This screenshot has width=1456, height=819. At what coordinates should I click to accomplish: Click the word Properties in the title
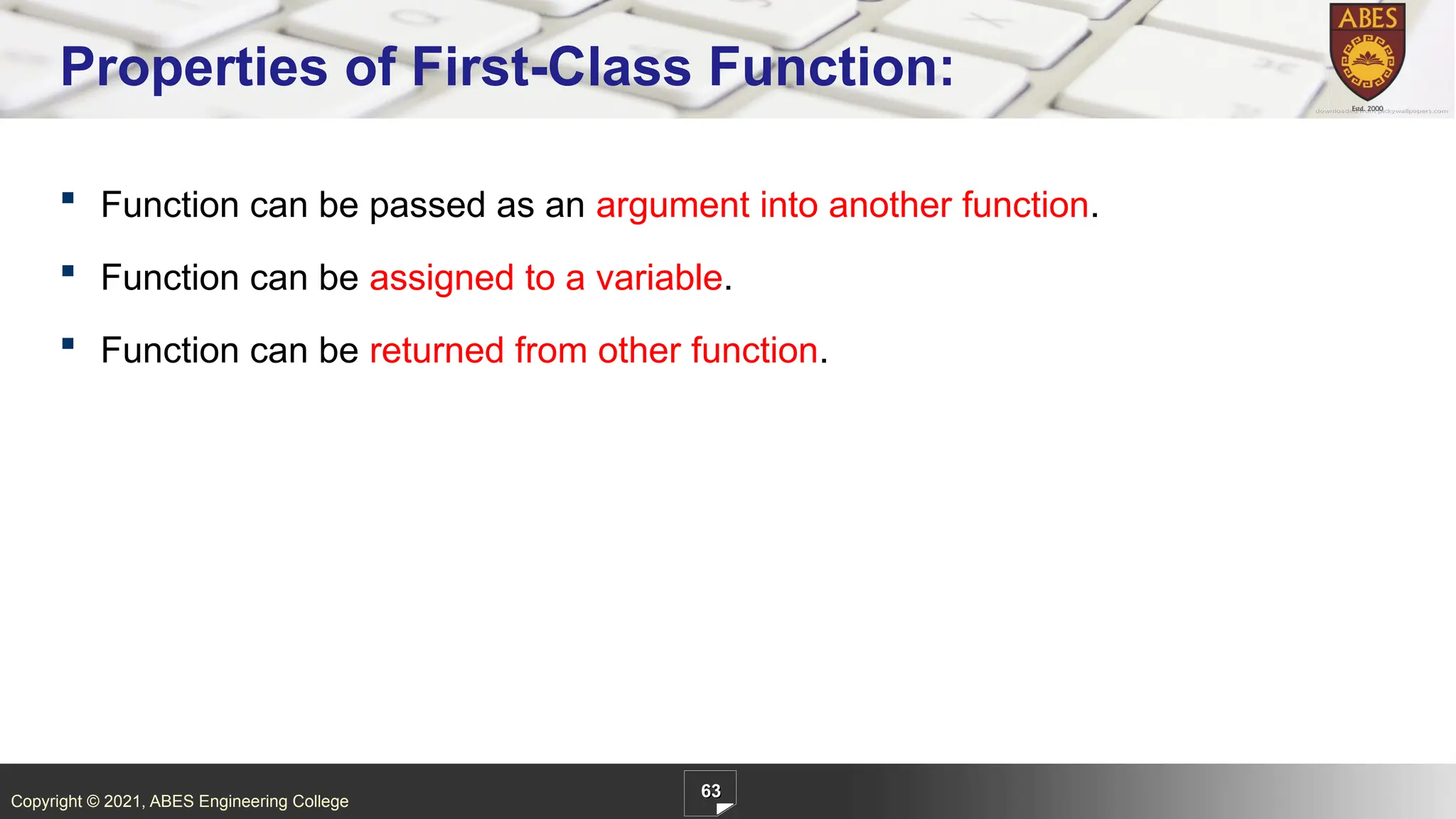point(193,68)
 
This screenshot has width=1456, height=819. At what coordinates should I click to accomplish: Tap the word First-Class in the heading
point(551,67)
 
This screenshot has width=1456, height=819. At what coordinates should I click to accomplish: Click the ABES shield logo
point(1367,53)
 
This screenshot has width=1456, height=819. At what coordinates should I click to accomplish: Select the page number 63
point(710,791)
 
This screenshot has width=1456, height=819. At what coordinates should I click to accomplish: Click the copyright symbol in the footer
point(92,801)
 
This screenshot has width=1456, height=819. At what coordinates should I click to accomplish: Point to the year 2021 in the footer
point(122,801)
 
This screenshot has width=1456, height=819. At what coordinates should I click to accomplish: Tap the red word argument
point(672,206)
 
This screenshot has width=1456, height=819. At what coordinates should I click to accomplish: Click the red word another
point(889,205)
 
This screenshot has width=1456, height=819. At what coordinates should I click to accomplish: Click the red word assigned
point(441,279)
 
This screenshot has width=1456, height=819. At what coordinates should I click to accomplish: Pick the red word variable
point(658,277)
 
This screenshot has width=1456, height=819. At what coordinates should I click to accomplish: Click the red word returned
point(437,350)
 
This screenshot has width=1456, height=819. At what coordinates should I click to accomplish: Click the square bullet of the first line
point(68,198)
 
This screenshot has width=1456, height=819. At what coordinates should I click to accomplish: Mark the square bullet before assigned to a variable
point(68,270)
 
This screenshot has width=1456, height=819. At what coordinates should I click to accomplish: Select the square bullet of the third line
point(68,343)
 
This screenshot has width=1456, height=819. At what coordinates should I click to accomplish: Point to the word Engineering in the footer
point(243,801)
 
